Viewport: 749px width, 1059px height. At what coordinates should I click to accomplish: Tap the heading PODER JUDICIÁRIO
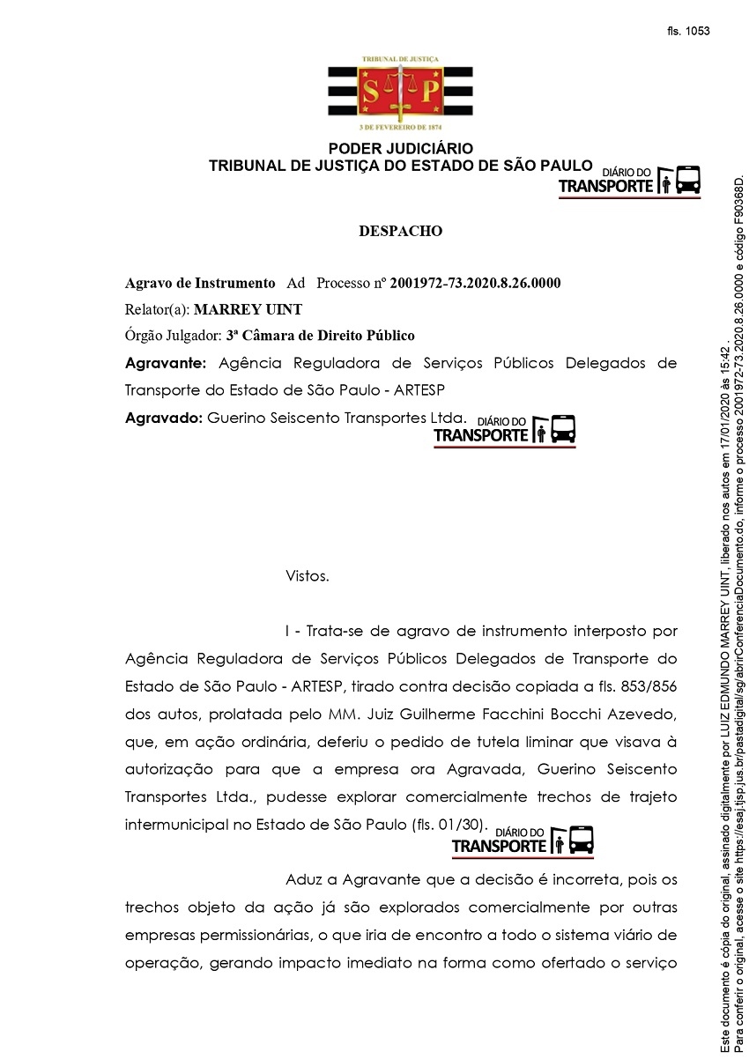click(401, 149)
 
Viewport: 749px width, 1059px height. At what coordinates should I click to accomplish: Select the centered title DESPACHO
click(401, 232)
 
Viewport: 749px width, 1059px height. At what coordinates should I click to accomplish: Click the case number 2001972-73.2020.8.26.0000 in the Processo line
click(475, 283)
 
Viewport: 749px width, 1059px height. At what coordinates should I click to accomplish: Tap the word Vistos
click(308, 576)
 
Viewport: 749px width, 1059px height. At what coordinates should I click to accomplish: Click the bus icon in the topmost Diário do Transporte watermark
click(688, 180)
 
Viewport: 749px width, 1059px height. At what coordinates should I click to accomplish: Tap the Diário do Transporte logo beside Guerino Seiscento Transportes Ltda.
click(504, 429)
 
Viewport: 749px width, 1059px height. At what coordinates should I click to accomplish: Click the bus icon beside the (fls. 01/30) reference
click(582, 839)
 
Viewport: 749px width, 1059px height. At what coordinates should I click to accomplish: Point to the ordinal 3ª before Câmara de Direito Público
click(234, 336)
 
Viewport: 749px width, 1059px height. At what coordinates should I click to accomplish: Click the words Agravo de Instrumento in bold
click(200, 283)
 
